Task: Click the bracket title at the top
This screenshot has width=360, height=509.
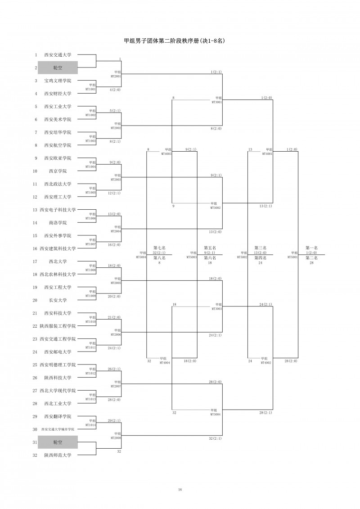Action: click(174, 41)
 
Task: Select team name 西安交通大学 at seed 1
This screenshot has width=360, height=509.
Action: click(58, 55)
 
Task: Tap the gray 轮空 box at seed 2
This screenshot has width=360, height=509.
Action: click(58, 68)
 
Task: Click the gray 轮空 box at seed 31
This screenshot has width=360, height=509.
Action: click(58, 442)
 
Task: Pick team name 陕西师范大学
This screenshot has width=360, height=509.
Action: click(58, 455)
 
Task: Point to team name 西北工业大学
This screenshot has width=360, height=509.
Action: click(58, 404)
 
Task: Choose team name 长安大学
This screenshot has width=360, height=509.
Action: click(58, 300)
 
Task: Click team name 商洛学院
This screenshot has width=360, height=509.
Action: click(58, 223)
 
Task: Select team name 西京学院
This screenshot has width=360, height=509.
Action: click(58, 171)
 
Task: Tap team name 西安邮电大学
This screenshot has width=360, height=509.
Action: click(58, 352)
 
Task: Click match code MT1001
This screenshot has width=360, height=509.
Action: click(91, 90)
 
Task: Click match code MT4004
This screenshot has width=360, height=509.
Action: click(164, 362)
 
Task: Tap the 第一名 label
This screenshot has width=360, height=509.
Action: click(311, 248)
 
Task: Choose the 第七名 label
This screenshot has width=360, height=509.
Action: click(159, 248)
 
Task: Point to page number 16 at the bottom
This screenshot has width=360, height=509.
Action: click(180, 490)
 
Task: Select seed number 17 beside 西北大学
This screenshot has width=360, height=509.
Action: click(35, 261)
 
